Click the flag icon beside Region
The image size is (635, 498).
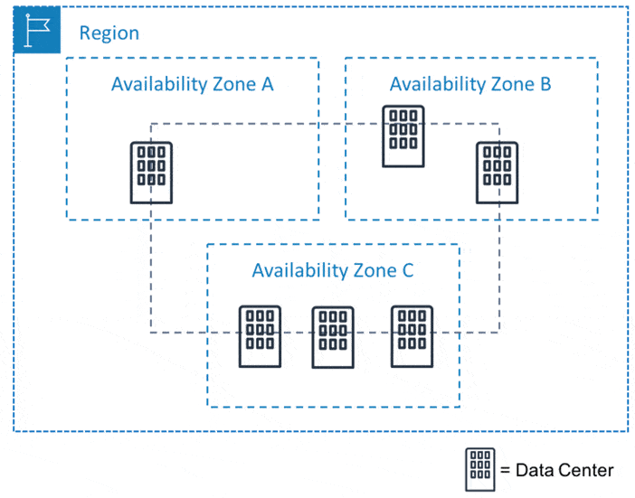coord(36,32)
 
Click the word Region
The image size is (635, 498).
coord(109,33)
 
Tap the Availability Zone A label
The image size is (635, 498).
coord(192,84)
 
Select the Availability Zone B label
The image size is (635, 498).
coord(470,84)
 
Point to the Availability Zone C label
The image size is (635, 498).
coord(333,270)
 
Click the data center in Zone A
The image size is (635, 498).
coord(151,172)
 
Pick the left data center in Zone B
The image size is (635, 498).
coord(403,136)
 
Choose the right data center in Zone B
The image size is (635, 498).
coord(498,172)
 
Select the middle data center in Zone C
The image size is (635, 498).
coord(333,337)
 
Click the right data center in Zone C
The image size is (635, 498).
coord(412,335)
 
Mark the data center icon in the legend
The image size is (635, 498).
coord(479,470)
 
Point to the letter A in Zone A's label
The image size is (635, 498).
coord(267,84)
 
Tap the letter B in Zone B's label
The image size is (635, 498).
coord(545,84)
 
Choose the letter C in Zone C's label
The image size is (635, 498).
coord(408,270)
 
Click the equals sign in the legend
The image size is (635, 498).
coord(505,470)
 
